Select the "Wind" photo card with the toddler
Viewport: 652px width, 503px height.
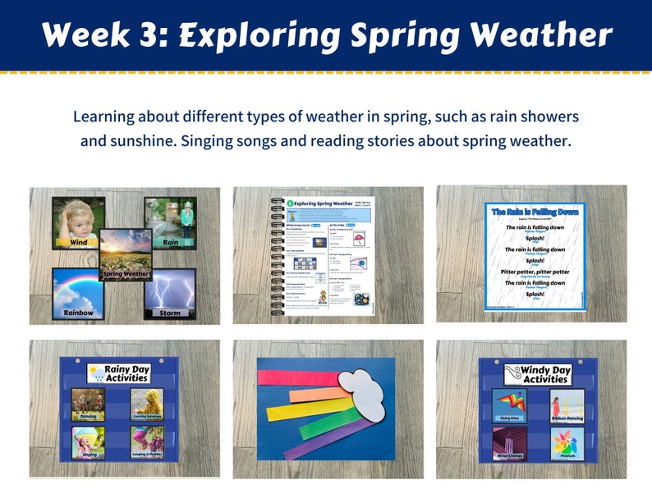78,222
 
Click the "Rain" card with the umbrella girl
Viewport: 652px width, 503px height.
170,221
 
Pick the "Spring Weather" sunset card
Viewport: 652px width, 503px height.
126,254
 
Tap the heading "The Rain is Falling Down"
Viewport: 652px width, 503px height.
535,212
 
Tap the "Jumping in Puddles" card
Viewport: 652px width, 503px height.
147,442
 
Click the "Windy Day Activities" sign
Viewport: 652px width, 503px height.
538,374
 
